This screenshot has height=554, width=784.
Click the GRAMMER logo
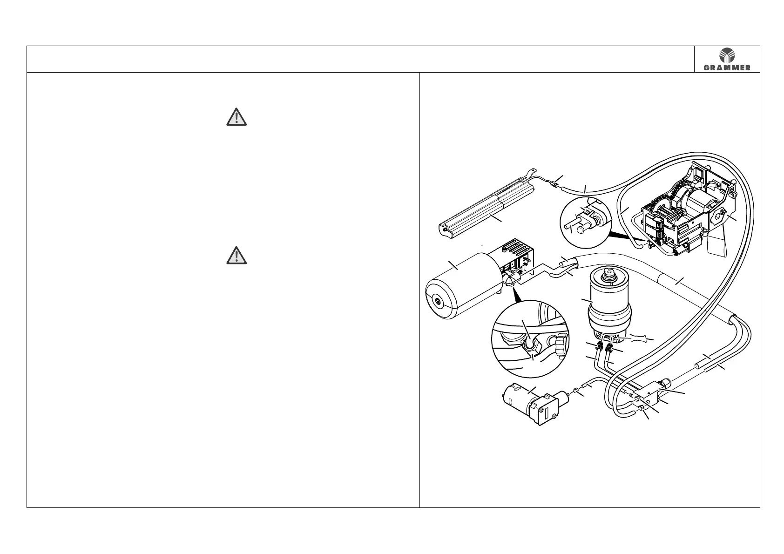tap(727, 59)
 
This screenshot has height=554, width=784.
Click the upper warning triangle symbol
tap(237, 117)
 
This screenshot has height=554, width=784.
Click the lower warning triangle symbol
tap(237, 256)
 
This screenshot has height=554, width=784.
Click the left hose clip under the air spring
tap(599, 347)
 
